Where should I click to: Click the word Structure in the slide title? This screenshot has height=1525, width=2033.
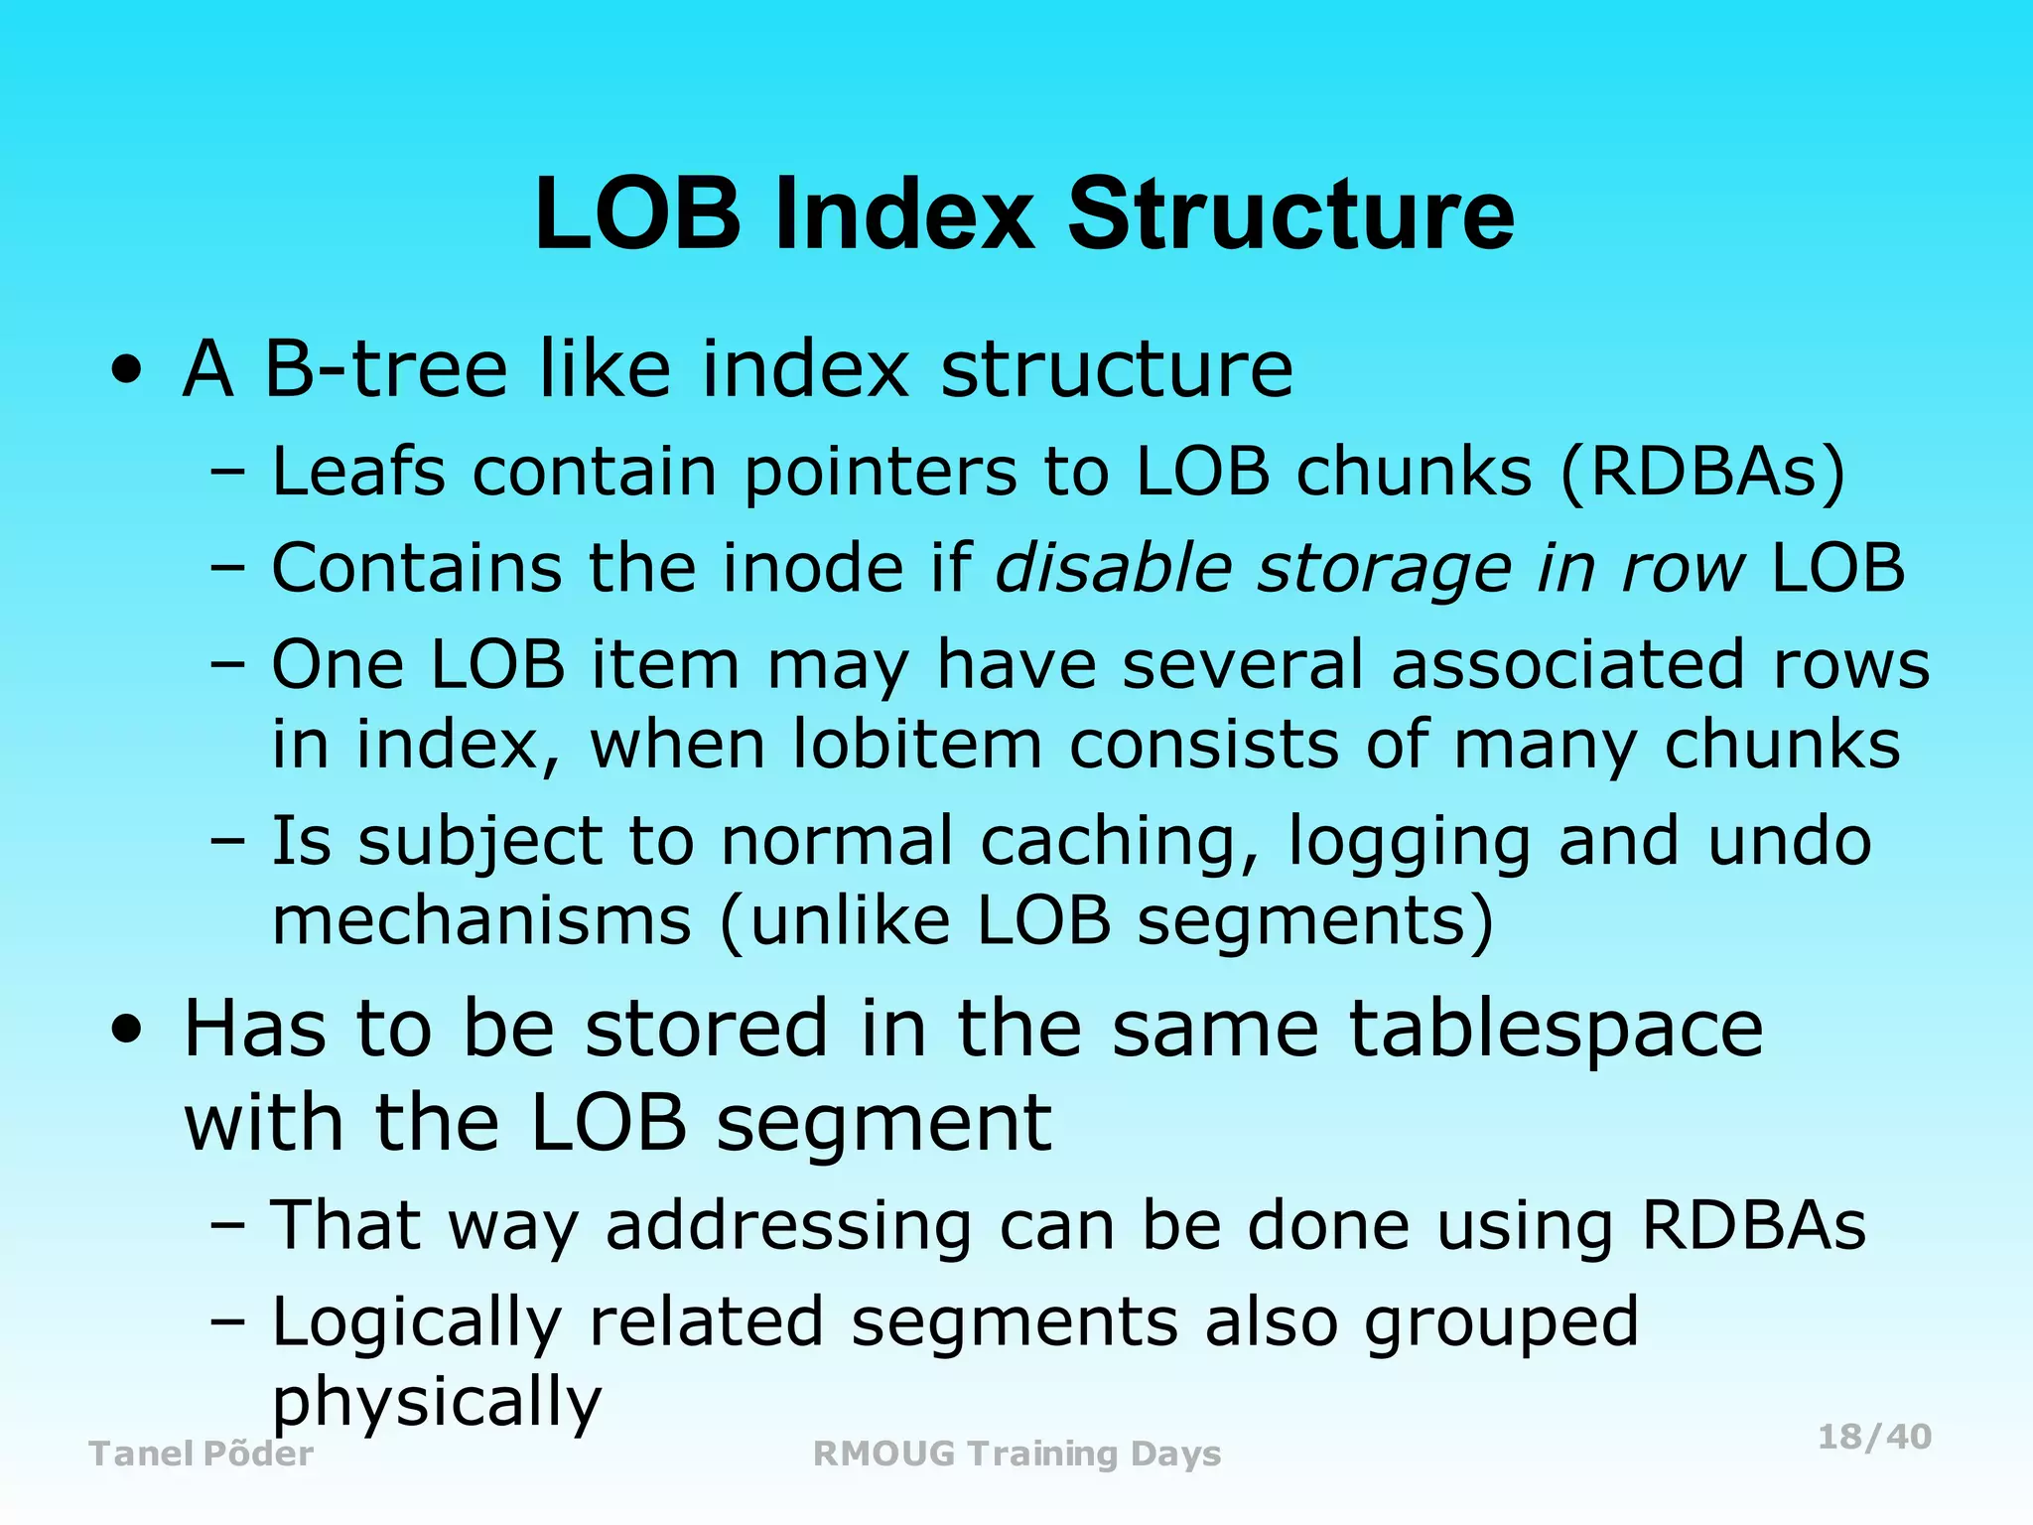1290,214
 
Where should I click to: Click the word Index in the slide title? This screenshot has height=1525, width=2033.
904,214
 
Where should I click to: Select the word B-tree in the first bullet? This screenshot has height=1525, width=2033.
386,369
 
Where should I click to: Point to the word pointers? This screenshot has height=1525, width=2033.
881,473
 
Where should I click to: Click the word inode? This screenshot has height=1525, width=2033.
827,568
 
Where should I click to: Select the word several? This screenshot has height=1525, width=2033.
1243,664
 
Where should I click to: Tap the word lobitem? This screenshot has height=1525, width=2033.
917,744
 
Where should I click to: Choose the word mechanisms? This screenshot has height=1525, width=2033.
481,920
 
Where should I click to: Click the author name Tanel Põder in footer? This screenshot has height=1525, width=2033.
202,1454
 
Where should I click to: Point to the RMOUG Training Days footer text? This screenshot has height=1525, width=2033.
1016,1454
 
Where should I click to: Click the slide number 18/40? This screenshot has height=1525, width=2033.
1874,1437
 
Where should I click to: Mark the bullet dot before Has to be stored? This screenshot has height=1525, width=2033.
127,1030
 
